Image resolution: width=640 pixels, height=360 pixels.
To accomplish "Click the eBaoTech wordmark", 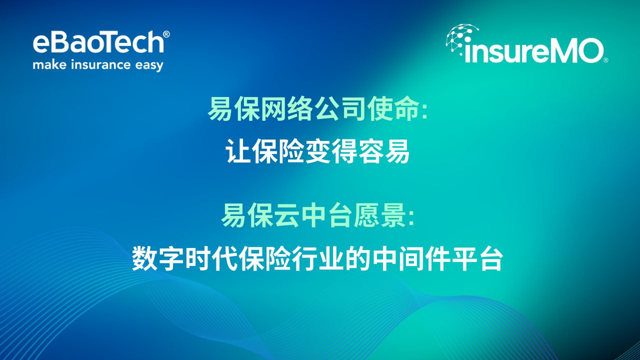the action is (x=98, y=42).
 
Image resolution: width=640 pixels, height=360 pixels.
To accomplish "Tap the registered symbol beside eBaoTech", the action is (x=166, y=34).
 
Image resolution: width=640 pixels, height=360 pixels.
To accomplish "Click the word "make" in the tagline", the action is (x=49, y=64).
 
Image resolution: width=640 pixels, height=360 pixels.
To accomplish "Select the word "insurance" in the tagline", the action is (x=101, y=64).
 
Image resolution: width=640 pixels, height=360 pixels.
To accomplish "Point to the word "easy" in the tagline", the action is (x=149, y=65).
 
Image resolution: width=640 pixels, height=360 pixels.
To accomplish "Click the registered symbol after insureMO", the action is (x=605, y=60).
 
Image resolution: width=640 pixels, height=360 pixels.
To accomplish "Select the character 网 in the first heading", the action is (x=273, y=109).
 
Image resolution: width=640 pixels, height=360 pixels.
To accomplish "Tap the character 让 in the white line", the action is (x=237, y=151).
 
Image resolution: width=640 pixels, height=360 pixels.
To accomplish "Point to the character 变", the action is (x=318, y=151).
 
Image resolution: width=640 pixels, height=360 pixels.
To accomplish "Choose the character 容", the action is (x=371, y=151).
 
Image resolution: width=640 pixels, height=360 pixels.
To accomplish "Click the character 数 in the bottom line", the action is (x=144, y=258).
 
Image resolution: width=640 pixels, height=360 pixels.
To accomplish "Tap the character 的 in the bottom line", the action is (x=357, y=258).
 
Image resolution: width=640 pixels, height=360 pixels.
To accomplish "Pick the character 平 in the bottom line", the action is (x=463, y=258).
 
